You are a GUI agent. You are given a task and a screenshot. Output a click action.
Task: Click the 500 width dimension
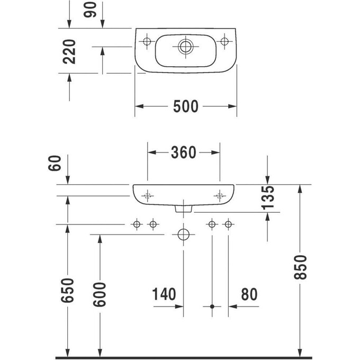pyautogui.click(x=185, y=106)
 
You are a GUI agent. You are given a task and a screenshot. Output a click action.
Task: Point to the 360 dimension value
pyautogui.click(x=183, y=152)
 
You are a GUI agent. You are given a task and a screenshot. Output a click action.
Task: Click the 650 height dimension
pyautogui.click(x=69, y=290)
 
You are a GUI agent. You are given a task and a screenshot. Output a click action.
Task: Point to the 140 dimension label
pyautogui.click(x=164, y=294)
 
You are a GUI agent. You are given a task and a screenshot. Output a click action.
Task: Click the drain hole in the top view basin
pyautogui.click(x=184, y=46)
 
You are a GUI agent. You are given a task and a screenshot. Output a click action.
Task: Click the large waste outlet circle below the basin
pyautogui.click(x=183, y=233)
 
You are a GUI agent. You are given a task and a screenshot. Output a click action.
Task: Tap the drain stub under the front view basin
pyautogui.click(x=184, y=210)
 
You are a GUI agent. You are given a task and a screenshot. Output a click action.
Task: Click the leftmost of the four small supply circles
pyautogui.click(x=137, y=225)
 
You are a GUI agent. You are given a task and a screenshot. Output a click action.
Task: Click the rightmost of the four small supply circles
pyautogui.click(x=228, y=225)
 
